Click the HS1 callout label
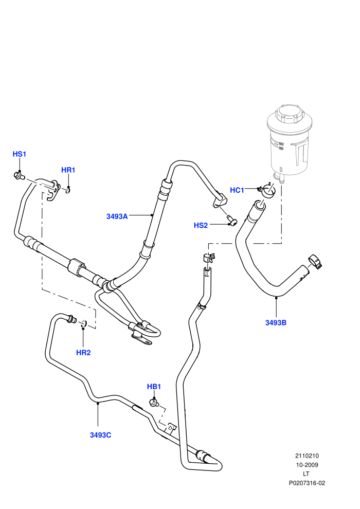[19, 154]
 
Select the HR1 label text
[68, 170]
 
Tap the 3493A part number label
[117, 216]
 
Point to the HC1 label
[237, 190]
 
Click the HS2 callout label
[201, 225]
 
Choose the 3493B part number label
[276, 323]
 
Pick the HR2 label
[83, 353]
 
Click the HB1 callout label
[154, 387]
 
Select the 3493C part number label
[101, 435]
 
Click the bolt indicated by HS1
[19, 176]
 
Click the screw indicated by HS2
[232, 221]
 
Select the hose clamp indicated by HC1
[267, 190]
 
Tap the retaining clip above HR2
[84, 323]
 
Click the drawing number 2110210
[307, 456]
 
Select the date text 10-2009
[307, 465]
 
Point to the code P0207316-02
[307, 483]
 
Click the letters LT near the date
[307, 474]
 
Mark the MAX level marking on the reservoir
[281, 143]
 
